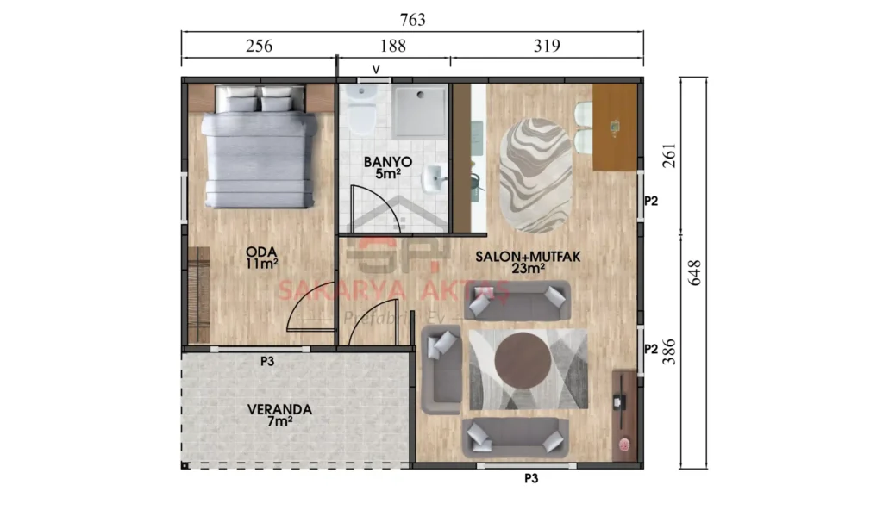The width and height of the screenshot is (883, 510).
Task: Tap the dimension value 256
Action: [259, 47]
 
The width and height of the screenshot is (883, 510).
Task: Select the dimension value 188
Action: [392, 47]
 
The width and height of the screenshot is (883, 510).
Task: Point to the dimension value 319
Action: [546, 47]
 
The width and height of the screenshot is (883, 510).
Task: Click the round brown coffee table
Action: [523, 362]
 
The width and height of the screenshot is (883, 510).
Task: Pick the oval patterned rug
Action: [535, 175]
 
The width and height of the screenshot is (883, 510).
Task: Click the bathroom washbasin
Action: [434, 179]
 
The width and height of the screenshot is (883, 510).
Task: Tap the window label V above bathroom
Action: [375, 69]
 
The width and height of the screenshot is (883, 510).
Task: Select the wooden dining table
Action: [615, 127]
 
